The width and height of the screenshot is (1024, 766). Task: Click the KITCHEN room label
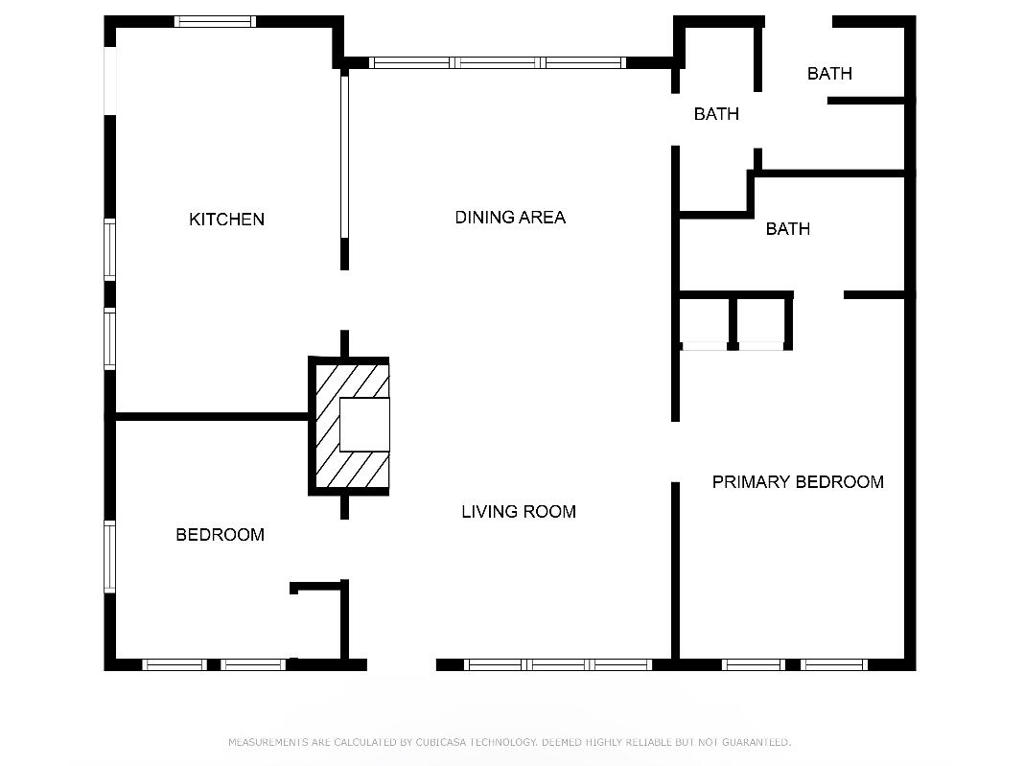pos(227,219)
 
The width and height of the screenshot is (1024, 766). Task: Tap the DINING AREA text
pos(510,217)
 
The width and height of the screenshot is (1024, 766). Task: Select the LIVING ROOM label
pos(518,512)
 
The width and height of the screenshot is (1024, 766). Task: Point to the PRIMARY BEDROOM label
pos(797,482)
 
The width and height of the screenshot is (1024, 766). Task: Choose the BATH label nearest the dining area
pos(716,114)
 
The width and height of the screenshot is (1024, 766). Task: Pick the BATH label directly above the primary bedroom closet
pos(787,229)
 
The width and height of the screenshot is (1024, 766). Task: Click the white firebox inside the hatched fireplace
pos(362,425)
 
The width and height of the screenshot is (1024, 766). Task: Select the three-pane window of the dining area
pos(497,62)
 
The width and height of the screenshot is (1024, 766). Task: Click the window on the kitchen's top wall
pos(214,22)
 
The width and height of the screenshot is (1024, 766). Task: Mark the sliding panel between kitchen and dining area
pos(344,156)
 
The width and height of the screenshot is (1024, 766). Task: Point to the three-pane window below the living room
pos(558,664)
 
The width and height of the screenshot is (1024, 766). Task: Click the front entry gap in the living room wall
pos(401,664)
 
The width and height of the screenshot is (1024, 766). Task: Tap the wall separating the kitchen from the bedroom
pos(210,415)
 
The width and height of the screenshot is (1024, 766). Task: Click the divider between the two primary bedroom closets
pos(733,321)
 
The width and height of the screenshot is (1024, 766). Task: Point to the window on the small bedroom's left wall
pos(110,556)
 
